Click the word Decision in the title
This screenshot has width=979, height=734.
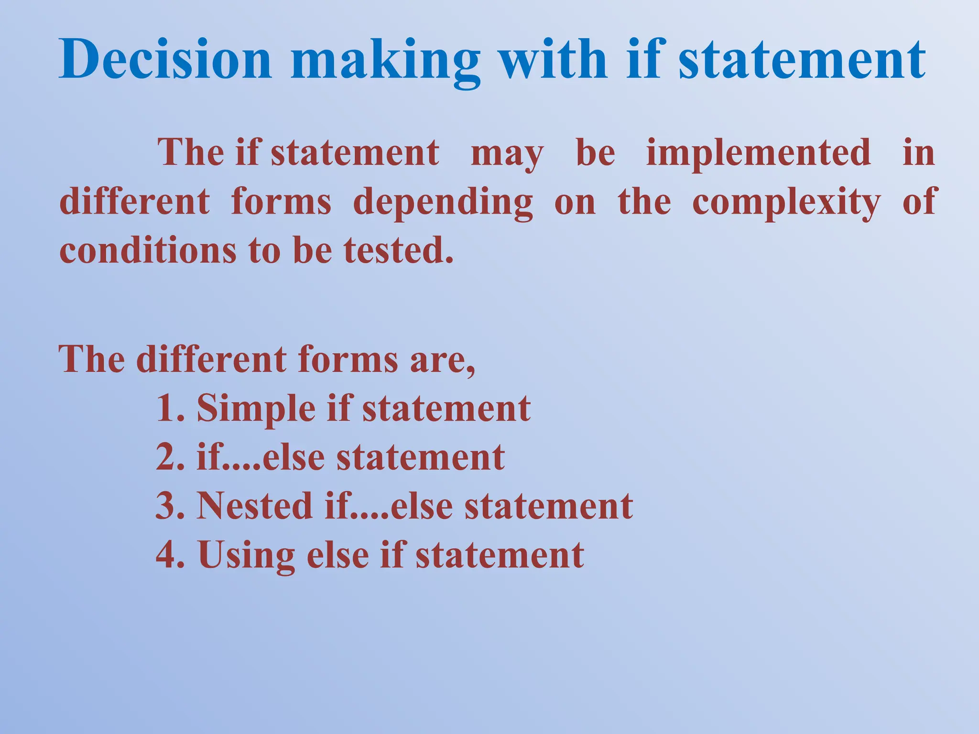(x=165, y=60)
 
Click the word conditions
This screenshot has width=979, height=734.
(x=147, y=250)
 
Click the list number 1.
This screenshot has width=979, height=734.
(x=166, y=409)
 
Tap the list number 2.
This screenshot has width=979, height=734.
(x=167, y=458)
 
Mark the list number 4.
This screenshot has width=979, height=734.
(x=167, y=555)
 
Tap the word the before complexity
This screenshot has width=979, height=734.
(x=644, y=202)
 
